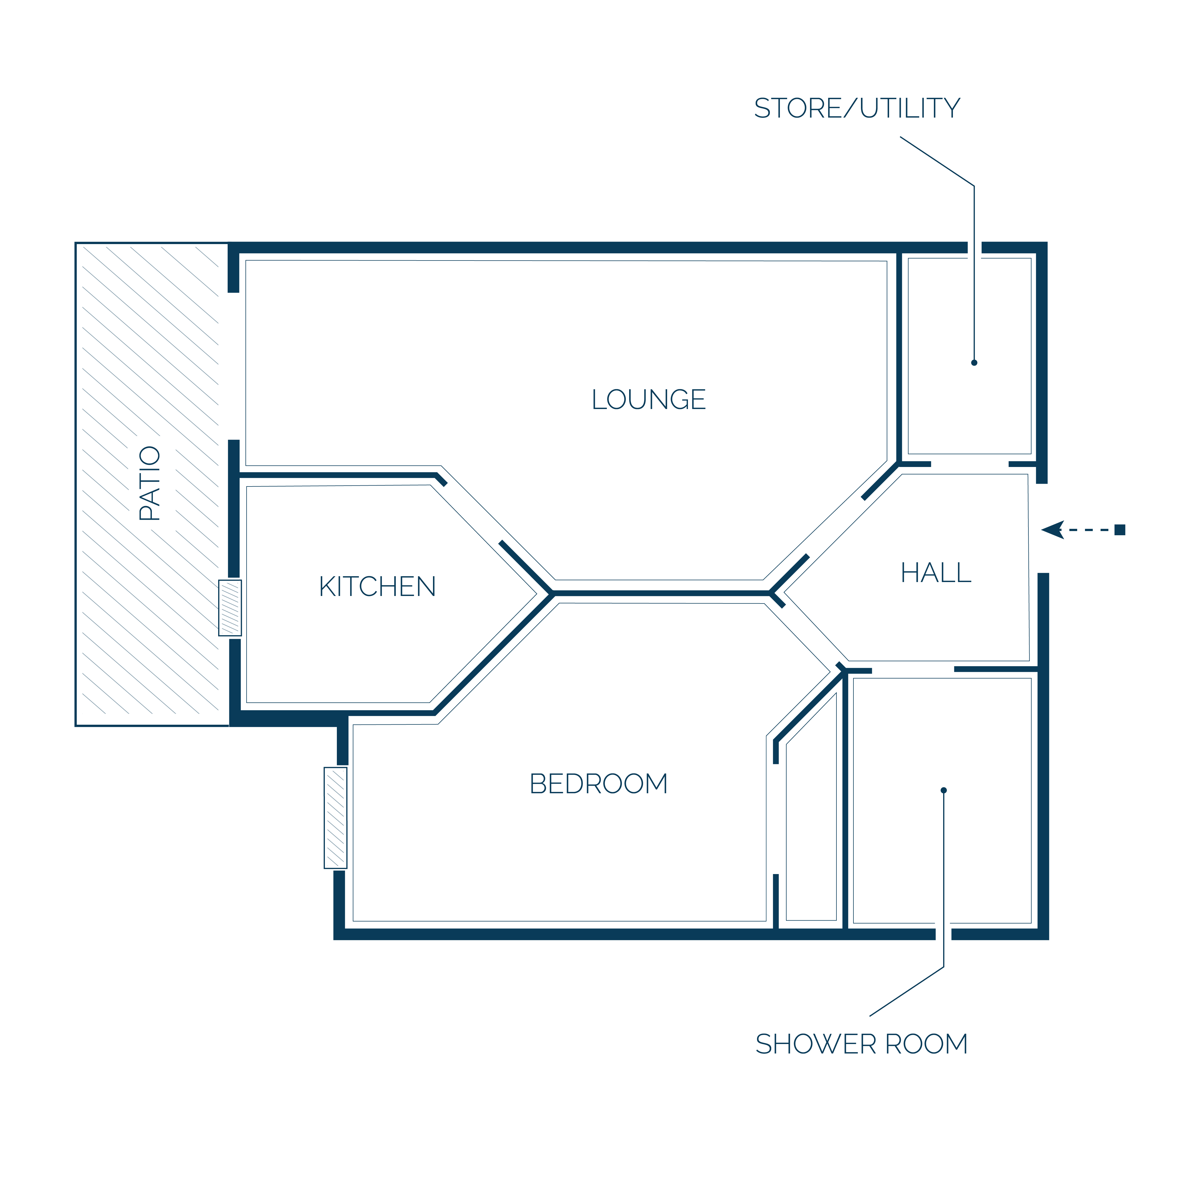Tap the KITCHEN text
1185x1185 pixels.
(377, 586)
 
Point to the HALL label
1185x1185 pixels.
(936, 573)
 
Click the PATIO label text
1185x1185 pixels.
(150, 483)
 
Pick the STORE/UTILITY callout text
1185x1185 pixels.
(857, 109)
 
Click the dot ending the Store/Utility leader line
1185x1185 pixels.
(974, 362)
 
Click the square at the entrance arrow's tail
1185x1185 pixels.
(1120, 530)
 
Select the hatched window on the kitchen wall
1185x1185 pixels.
(230, 608)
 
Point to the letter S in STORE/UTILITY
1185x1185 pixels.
(762, 109)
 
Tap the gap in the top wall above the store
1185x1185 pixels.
(975, 248)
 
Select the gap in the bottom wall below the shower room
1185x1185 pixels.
(943, 934)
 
